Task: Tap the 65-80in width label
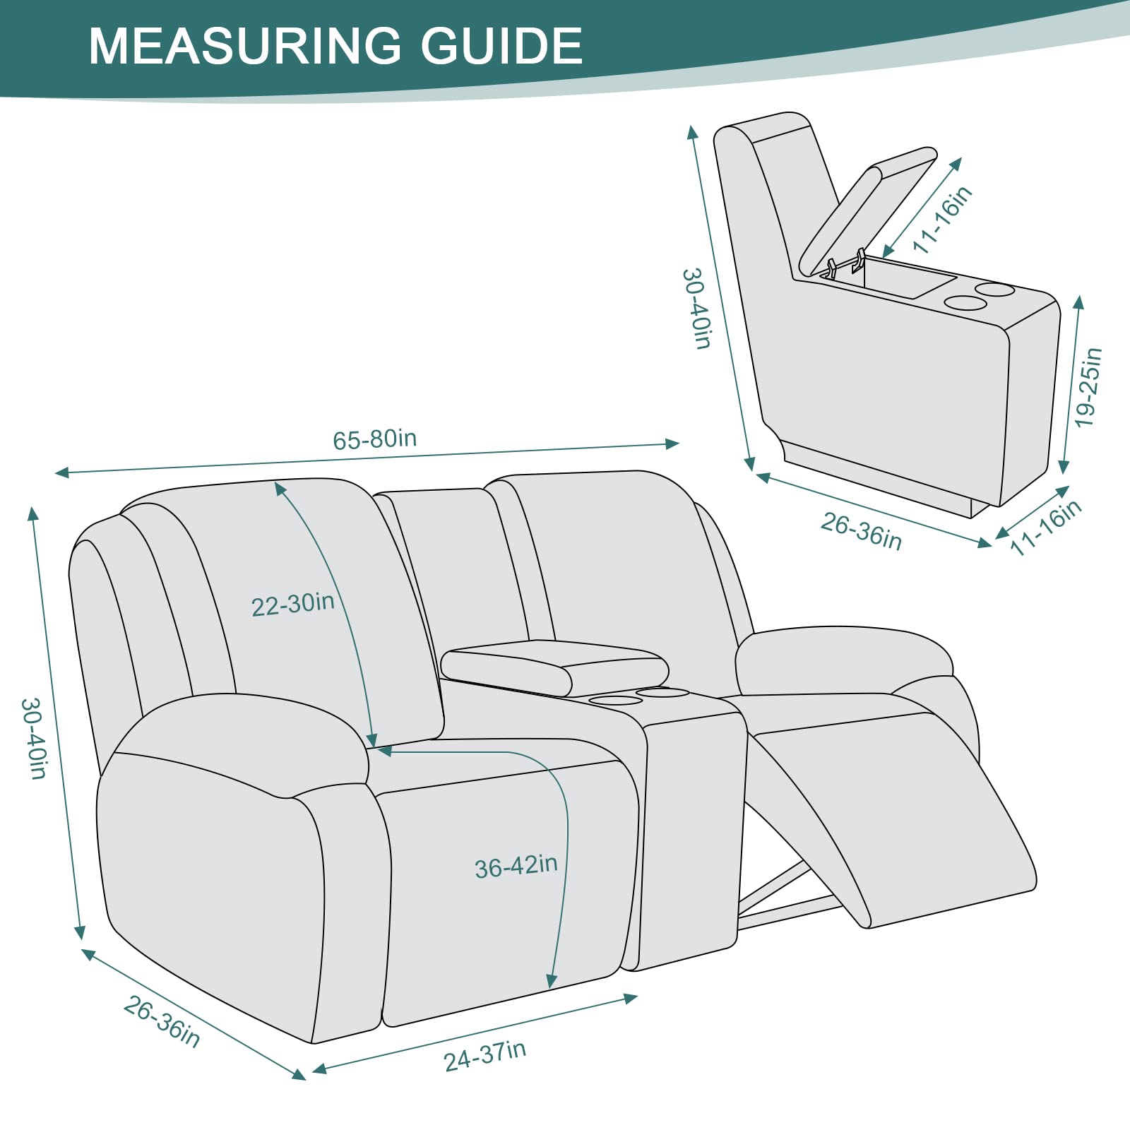(x=375, y=439)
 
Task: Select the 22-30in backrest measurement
(x=292, y=605)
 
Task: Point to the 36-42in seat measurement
(x=516, y=866)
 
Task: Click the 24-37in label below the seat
(x=485, y=1057)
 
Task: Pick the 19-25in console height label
(x=1088, y=387)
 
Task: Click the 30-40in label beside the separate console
(x=696, y=308)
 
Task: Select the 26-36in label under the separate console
(x=862, y=531)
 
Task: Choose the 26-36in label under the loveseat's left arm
(x=162, y=1022)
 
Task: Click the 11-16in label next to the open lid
(x=942, y=219)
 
